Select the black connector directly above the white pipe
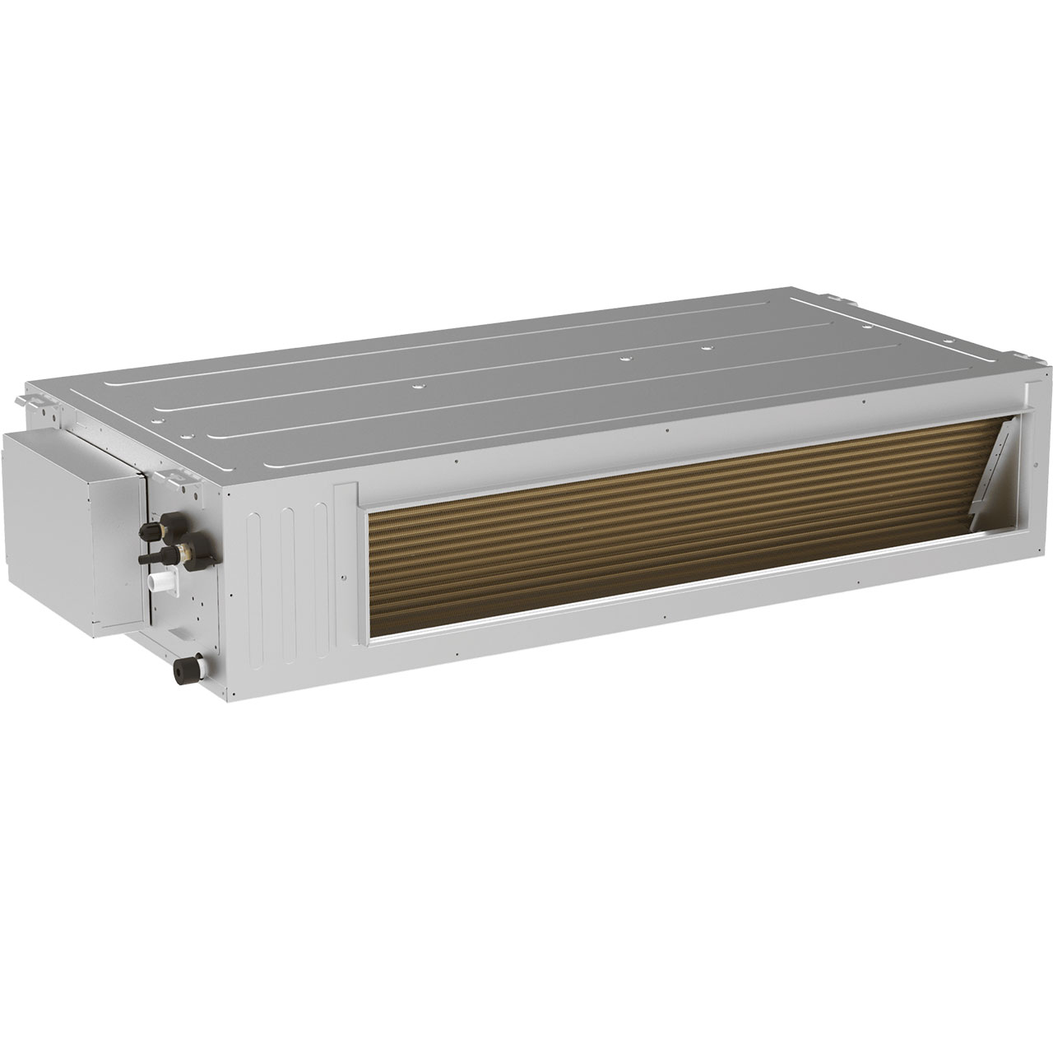coord(153,557)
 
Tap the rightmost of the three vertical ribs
coord(317,568)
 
